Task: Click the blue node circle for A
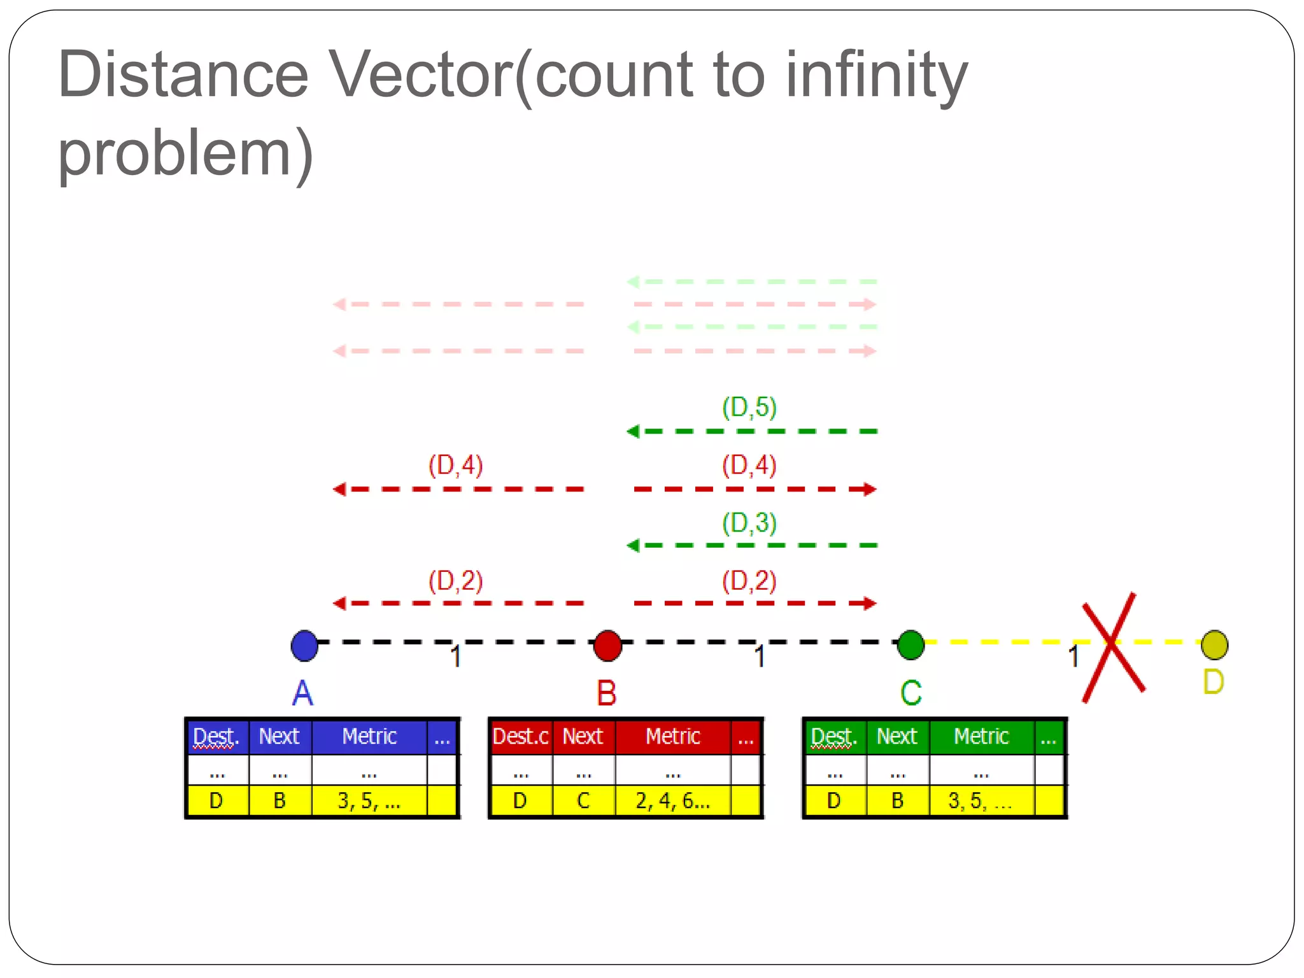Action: (304, 646)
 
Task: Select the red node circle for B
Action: (607, 646)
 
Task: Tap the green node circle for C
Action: (911, 645)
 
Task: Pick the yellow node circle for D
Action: (1214, 645)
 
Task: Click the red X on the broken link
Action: (1113, 647)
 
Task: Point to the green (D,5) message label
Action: (749, 407)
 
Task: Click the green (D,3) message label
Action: (749, 523)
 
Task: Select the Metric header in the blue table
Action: (369, 737)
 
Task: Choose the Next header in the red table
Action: (583, 737)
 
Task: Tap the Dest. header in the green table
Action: (834, 737)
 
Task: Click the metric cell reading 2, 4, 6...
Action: (672, 801)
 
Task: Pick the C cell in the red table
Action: (583, 801)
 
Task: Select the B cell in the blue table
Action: (280, 801)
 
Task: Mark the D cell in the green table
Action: (834, 801)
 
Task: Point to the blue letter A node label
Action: (303, 693)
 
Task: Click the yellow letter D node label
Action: (1214, 682)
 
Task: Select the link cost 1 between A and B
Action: (456, 656)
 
